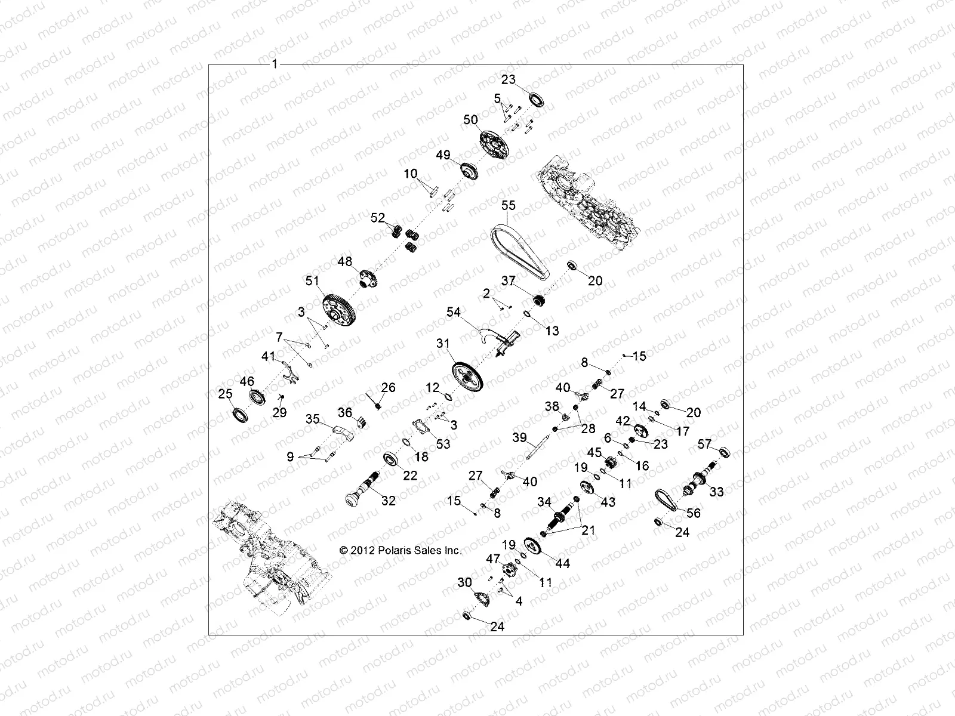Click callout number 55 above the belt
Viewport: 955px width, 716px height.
coord(508,205)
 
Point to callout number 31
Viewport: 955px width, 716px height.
coord(443,344)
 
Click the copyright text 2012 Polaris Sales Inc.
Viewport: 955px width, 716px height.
coord(400,551)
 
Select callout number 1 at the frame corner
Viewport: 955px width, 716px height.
coord(275,64)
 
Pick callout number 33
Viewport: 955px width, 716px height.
coord(716,492)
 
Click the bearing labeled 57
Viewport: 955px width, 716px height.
coord(724,452)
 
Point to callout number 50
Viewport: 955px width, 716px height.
coord(471,120)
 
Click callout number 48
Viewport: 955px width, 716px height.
coord(345,261)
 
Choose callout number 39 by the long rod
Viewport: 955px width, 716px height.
coord(519,438)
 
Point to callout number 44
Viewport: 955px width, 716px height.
coord(562,563)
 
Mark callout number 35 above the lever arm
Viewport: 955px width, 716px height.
coord(313,418)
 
